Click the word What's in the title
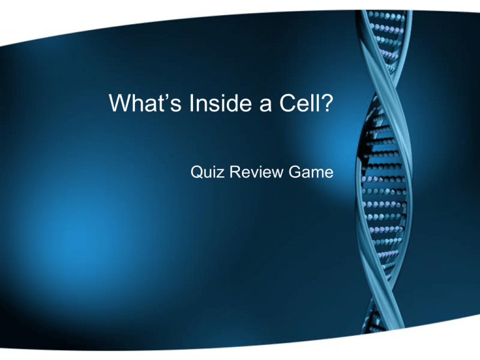pyautogui.click(x=145, y=103)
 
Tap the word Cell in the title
pyautogui.click(x=299, y=103)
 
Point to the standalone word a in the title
pyautogui.click(x=266, y=106)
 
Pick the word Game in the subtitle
pyautogui.click(x=311, y=172)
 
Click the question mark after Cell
pyautogui.click(x=327, y=103)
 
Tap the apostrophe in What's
pyautogui.click(x=165, y=96)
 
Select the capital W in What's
pyautogui.click(x=121, y=103)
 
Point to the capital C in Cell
pyautogui.click(x=287, y=103)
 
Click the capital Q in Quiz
pyautogui.click(x=197, y=172)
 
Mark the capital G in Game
pyautogui.click(x=295, y=172)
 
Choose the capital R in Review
pyautogui.click(x=236, y=172)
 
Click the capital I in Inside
pyautogui.click(x=191, y=103)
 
